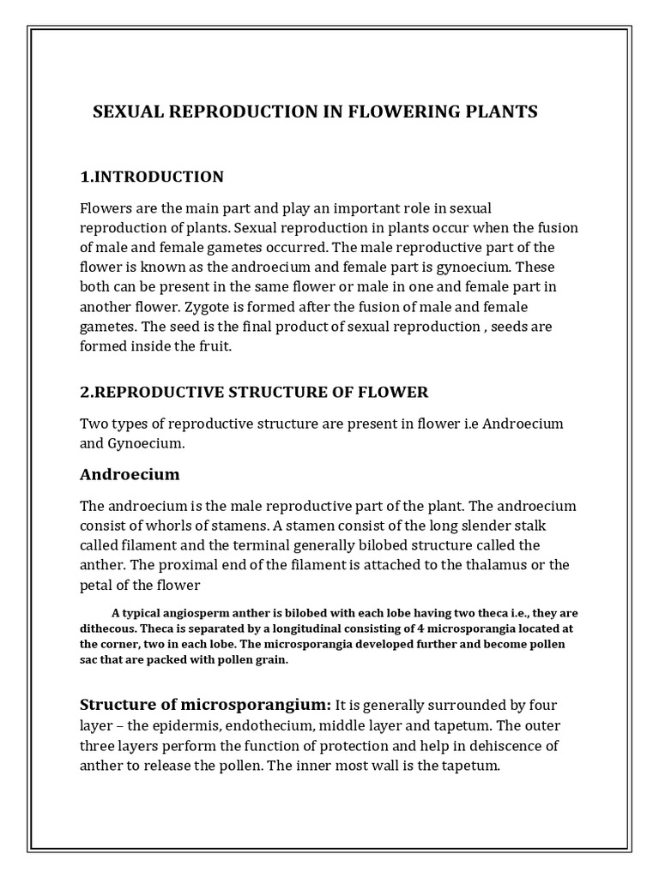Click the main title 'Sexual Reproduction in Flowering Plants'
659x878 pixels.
315,112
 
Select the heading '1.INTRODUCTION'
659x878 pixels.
152,177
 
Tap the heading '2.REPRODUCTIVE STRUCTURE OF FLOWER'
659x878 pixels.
254,393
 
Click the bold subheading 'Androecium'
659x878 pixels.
130,474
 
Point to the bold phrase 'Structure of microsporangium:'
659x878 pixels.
205,705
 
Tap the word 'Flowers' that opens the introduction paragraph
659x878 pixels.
106,208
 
